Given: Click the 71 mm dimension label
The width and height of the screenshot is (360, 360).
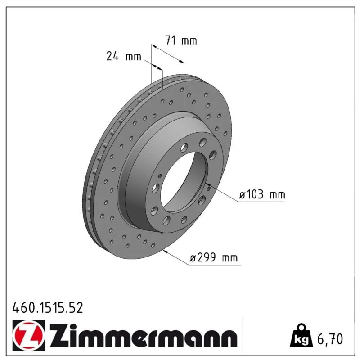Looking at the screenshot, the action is click(181, 40).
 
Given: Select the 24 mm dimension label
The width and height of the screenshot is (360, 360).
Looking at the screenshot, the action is click(124, 56).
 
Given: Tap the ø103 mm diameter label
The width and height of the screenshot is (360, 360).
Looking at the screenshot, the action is click(262, 195).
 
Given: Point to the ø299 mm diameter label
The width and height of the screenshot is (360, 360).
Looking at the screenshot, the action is click(214, 257).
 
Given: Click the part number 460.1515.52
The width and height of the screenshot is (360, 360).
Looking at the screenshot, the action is click(48, 308).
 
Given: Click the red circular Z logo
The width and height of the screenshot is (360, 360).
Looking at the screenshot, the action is click(29, 335).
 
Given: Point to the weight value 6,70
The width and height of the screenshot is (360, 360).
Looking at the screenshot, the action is click(330, 339).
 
